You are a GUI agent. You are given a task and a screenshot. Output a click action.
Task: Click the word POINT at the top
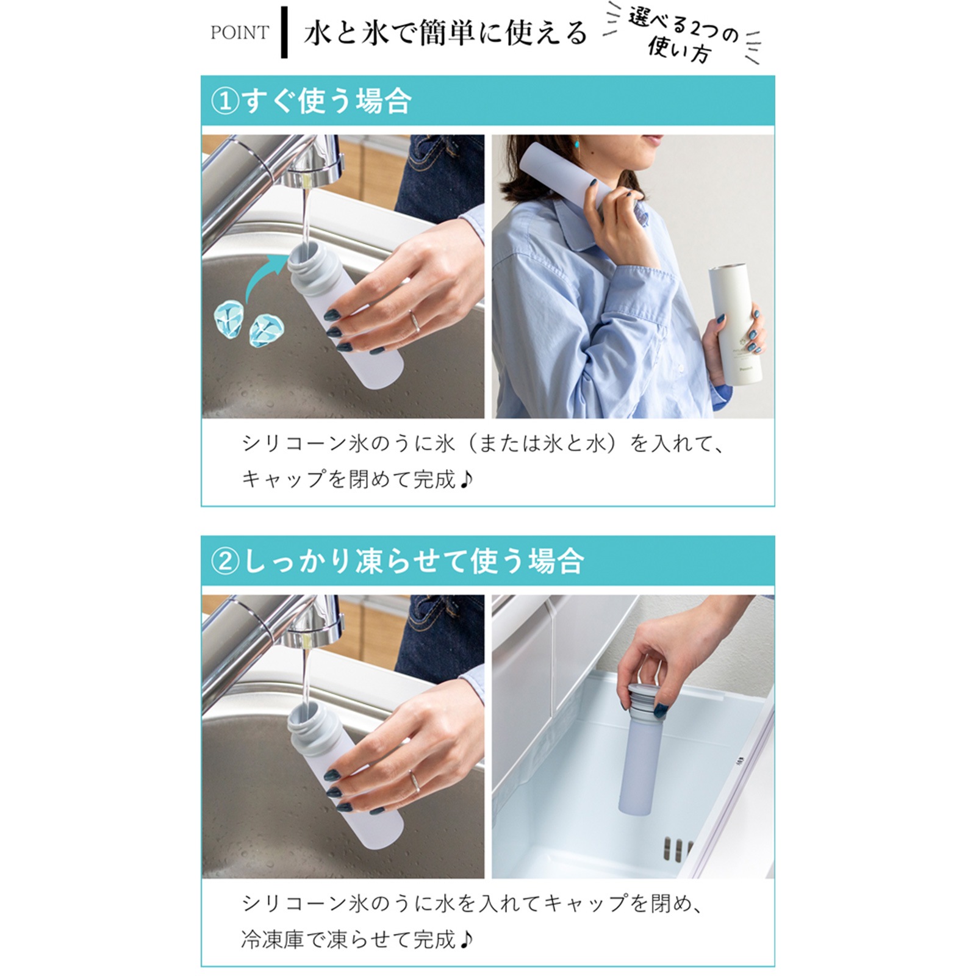point(240,32)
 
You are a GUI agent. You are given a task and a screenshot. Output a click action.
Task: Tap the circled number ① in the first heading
point(224,101)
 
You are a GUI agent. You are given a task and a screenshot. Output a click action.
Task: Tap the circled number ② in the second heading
point(225,561)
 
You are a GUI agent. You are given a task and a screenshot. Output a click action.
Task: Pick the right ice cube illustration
point(267,331)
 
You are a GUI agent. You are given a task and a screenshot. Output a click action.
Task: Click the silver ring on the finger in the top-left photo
point(414,321)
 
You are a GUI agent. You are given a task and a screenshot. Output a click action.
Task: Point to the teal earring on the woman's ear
point(576,144)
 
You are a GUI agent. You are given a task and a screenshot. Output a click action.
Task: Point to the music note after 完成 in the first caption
point(466,480)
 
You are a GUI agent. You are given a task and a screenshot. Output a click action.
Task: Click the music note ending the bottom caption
point(466,940)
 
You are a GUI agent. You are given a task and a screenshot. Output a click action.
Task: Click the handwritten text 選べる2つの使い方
point(681,35)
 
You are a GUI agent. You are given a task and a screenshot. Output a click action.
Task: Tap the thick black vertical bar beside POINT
point(284,32)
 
